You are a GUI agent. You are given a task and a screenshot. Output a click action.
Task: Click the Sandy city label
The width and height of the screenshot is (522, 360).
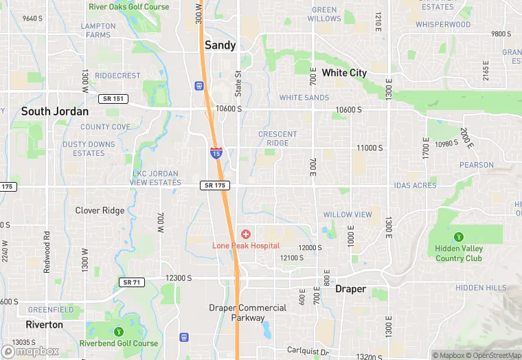(x=220, y=45)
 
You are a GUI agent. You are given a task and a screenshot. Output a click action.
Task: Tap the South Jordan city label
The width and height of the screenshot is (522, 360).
(x=55, y=111)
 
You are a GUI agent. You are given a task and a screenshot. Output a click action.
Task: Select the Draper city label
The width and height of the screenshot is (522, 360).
(x=350, y=289)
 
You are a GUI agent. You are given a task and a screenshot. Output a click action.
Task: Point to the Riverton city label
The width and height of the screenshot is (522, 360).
(x=44, y=324)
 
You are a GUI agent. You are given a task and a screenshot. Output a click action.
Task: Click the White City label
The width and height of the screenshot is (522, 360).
(x=344, y=73)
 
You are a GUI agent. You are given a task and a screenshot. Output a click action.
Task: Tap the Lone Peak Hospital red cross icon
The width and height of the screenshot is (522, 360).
(x=245, y=234)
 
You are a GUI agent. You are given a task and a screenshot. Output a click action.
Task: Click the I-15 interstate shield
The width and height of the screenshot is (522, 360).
(x=216, y=153)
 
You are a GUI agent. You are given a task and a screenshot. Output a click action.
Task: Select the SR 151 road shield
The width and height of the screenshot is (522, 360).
(x=113, y=99)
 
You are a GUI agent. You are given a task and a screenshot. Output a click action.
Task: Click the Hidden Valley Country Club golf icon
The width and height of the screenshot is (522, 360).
(x=459, y=237)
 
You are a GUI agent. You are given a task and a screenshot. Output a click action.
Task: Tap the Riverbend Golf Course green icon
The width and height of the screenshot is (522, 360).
(x=118, y=332)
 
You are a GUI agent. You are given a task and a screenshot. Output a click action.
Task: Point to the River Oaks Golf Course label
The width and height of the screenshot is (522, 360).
(x=128, y=7)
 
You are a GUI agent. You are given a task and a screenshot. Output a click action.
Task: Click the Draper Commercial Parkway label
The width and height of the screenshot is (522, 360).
(x=247, y=313)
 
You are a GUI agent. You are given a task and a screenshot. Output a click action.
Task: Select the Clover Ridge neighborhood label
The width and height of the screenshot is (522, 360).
(x=100, y=211)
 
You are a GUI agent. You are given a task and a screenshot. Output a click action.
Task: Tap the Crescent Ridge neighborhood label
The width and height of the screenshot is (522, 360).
(x=277, y=138)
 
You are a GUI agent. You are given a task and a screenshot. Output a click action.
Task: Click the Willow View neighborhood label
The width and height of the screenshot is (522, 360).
(x=348, y=214)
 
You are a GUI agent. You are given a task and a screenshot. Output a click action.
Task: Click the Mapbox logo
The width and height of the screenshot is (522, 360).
(x=30, y=350)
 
